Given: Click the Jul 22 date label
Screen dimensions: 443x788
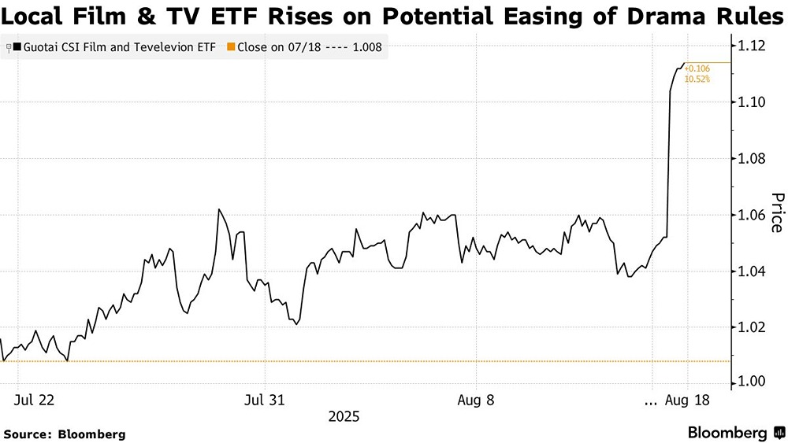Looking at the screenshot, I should pyautogui.click(x=34, y=400).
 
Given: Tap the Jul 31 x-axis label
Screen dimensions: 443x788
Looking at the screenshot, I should pyautogui.click(x=265, y=400).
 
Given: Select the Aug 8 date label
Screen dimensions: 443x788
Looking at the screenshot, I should pyautogui.click(x=476, y=400).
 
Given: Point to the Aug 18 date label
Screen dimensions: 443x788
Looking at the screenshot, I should pyautogui.click(x=687, y=400).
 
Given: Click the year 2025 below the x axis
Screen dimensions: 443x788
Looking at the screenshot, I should pyautogui.click(x=344, y=415).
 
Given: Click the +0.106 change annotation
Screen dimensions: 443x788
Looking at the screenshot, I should pyautogui.click(x=697, y=68).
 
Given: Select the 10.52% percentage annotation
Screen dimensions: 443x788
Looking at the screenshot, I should pyautogui.click(x=697, y=79).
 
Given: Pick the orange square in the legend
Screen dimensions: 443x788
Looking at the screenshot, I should pyautogui.click(x=230, y=47).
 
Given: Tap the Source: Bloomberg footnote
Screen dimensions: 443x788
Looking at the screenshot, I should pyautogui.click(x=65, y=434).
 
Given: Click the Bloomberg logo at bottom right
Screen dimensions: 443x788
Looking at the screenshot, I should pyautogui.click(x=736, y=433).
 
